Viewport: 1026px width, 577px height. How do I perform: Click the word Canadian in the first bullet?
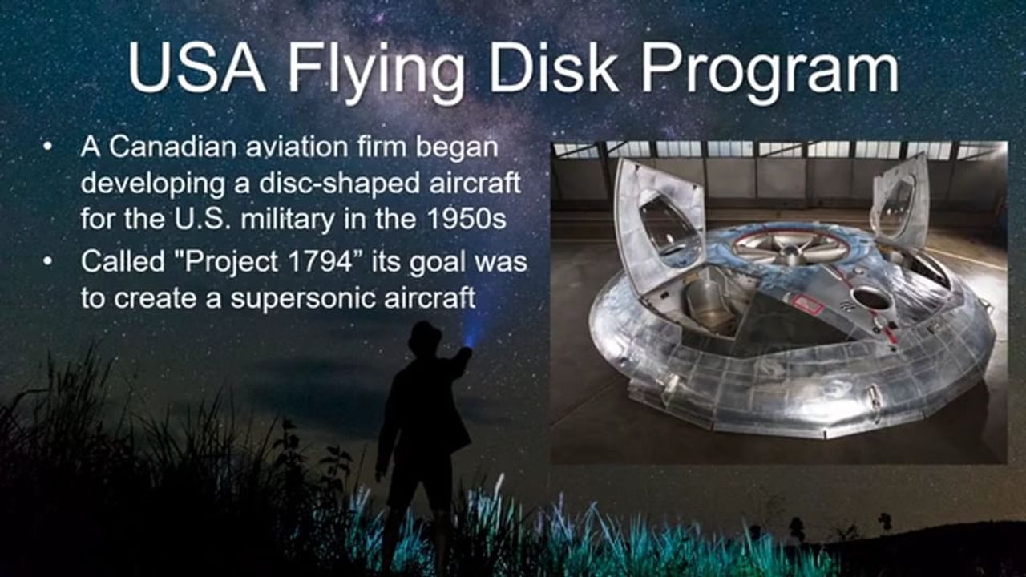173,147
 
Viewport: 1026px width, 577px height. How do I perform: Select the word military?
288,220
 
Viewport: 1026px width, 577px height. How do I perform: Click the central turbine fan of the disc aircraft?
790,247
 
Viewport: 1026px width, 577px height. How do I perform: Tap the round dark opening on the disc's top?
872,298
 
